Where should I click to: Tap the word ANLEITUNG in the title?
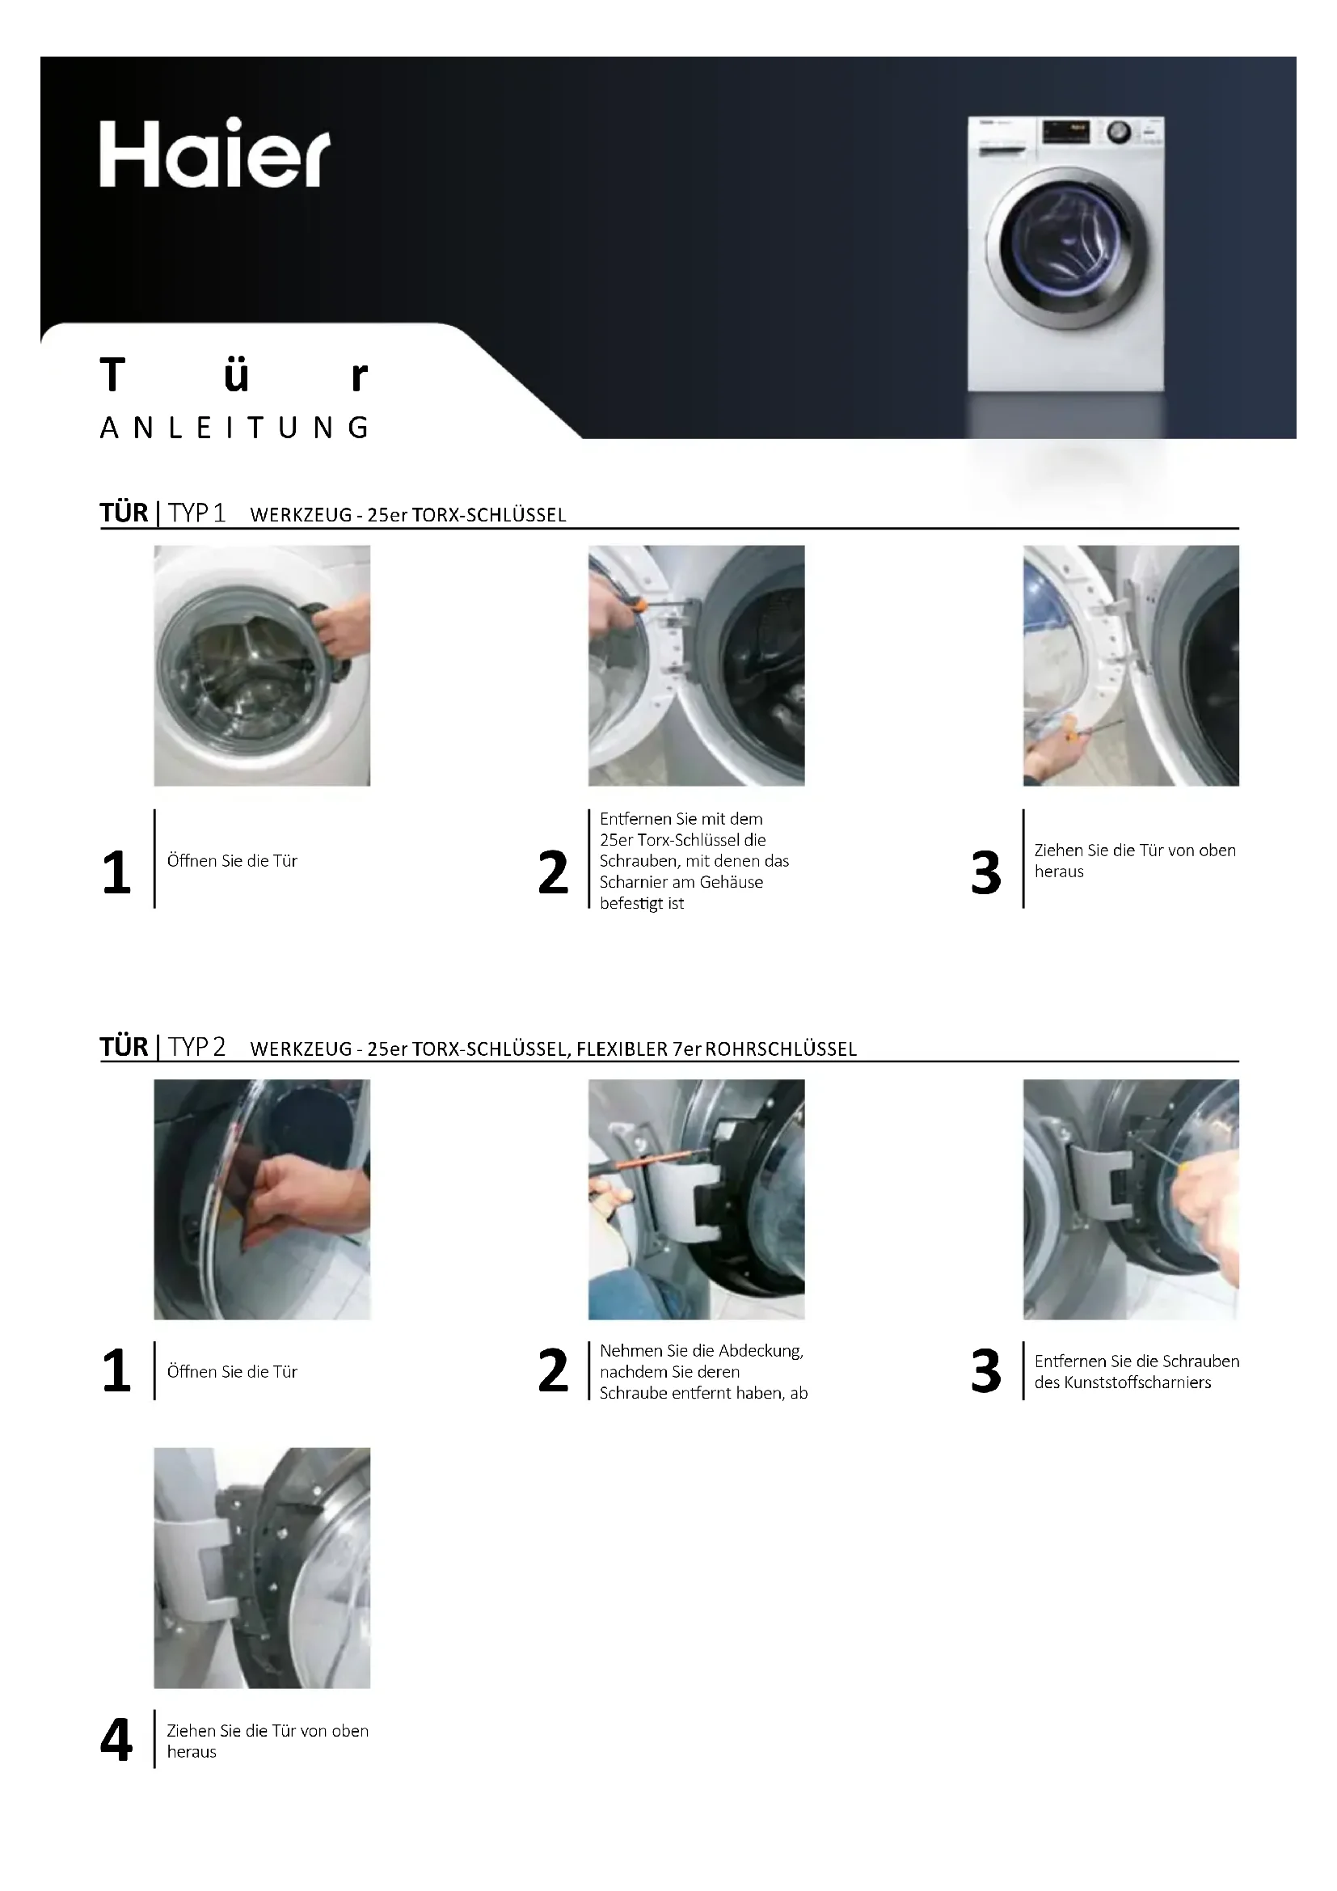(x=234, y=428)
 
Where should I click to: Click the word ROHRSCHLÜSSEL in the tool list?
(x=782, y=1049)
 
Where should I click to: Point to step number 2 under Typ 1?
(x=553, y=872)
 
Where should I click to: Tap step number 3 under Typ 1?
(x=985, y=872)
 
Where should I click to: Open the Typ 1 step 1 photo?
(x=262, y=665)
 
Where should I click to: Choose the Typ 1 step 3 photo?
(x=1131, y=665)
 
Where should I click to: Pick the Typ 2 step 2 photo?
(x=697, y=1199)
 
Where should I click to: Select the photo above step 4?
(x=262, y=1568)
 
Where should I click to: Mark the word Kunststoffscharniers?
(x=1137, y=1382)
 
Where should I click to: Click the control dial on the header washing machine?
(x=1117, y=132)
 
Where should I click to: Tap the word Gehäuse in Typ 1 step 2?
(x=732, y=882)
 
